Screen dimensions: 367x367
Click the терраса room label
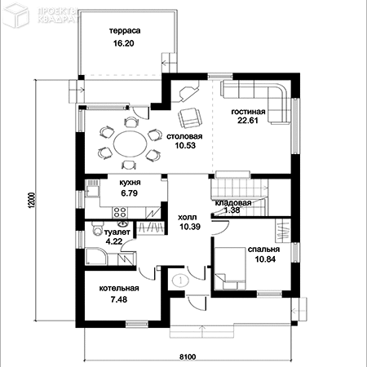125,31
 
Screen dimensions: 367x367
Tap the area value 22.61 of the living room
248,120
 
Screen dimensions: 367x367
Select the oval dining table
130,144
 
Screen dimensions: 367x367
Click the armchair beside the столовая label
190,117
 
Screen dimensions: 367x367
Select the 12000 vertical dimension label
32,201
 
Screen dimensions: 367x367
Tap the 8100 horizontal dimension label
188,356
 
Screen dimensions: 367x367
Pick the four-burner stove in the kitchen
120,212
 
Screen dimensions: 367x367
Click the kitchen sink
91,188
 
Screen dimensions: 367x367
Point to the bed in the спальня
230,268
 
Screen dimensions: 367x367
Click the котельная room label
119,289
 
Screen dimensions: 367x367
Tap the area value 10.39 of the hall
190,227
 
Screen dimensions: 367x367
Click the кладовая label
233,203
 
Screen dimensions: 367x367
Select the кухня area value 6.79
130,193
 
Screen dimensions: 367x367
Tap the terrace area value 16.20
124,43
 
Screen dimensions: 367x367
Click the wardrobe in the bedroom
283,231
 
